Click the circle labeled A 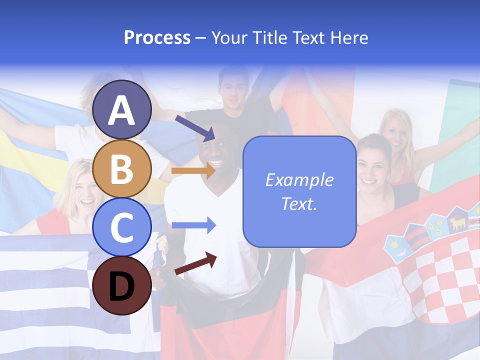tap(122, 109)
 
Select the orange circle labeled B tap(122, 168)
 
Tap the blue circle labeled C tap(122, 227)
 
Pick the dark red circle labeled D tap(122, 285)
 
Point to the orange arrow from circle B tap(193, 171)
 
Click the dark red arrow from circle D tap(195, 264)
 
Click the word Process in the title tap(157, 37)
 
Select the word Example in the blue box tap(299, 180)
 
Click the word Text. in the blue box tap(299, 203)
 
